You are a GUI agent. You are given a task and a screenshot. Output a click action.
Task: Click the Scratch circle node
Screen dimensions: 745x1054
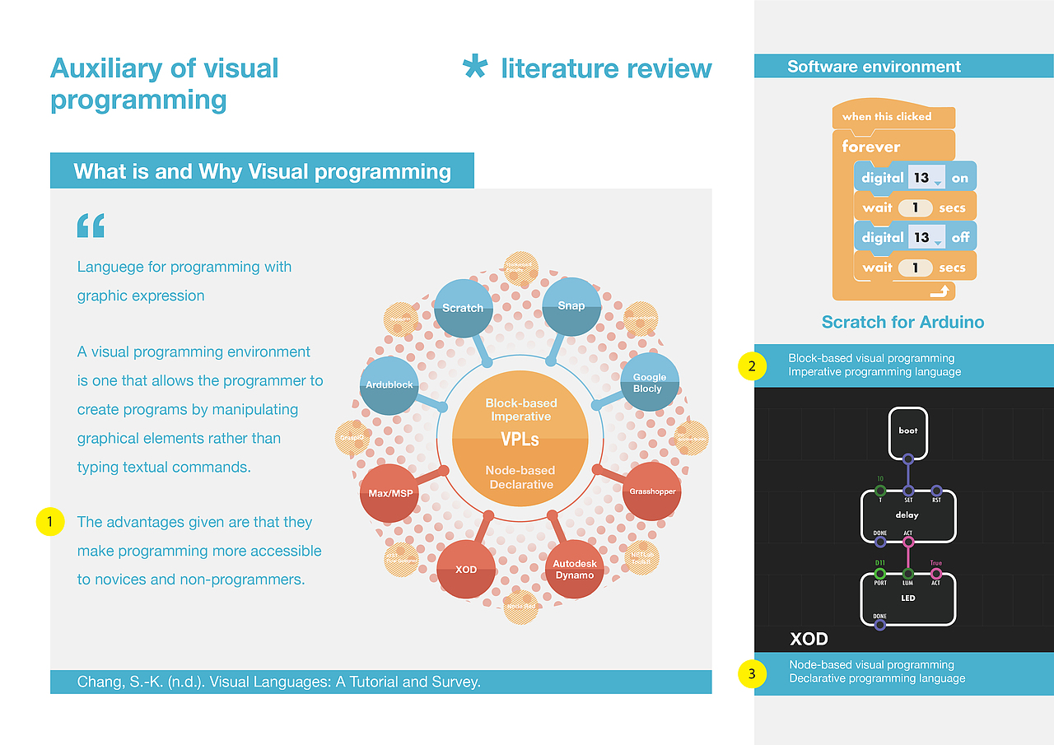(x=463, y=309)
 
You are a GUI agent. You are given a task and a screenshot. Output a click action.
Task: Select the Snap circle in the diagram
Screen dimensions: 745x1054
(x=571, y=306)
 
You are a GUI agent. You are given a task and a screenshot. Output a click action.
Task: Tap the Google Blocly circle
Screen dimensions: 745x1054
(x=649, y=382)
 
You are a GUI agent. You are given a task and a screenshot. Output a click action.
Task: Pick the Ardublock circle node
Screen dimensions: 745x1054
(x=389, y=384)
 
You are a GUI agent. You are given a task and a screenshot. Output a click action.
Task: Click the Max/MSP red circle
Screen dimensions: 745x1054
(x=389, y=492)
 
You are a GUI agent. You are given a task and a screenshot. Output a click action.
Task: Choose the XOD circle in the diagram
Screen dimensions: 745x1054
(x=466, y=569)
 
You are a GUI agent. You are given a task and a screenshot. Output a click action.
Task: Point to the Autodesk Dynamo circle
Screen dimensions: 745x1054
(x=574, y=569)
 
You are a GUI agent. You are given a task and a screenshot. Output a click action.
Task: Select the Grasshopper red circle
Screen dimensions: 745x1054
(x=652, y=491)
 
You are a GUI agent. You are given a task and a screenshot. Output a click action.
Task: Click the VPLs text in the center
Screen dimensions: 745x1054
(x=520, y=440)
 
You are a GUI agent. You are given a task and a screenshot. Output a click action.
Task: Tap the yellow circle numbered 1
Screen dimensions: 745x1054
(x=50, y=521)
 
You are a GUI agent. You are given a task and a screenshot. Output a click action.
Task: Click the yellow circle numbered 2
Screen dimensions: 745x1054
(x=752, y=366)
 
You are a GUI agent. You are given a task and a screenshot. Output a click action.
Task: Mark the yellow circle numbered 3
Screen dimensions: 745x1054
(x=752, y=674)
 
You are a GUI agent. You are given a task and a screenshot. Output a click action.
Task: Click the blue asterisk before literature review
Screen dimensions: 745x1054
(x=474, y=68)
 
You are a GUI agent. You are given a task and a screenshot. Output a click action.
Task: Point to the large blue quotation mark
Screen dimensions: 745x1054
(x=91, y=226)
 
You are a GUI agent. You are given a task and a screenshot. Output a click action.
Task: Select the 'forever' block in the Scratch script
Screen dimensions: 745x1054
(x=871, y=147)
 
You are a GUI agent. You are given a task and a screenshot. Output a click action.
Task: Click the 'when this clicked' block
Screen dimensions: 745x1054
(x=887, y=116)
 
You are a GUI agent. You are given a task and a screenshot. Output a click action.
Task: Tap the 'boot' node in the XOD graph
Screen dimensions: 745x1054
(x=907, y=431)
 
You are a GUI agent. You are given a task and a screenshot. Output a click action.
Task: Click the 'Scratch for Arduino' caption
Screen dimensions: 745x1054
(x=902, y=322)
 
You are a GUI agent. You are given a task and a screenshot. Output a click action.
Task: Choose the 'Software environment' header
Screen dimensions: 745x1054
(x=874, y=67)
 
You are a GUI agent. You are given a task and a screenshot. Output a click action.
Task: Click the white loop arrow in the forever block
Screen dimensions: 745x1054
(x=938, y=291)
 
